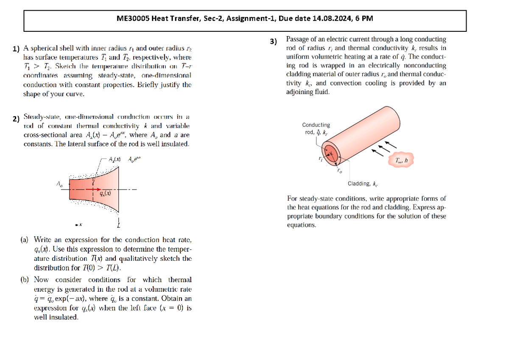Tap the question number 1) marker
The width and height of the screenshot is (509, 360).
(16, 49)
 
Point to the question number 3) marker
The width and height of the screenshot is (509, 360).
(274, 42)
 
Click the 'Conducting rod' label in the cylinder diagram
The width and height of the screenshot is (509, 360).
(316, 128)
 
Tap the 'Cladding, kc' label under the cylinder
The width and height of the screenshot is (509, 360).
(363, 184)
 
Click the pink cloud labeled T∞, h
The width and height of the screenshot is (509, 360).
(401, 160)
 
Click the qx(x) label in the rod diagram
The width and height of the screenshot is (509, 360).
(105, 193)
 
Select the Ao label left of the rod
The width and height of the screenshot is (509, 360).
(59, 184)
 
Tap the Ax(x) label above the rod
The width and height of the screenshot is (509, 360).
(115, 159)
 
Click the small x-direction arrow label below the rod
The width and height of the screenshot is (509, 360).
(78, 224)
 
